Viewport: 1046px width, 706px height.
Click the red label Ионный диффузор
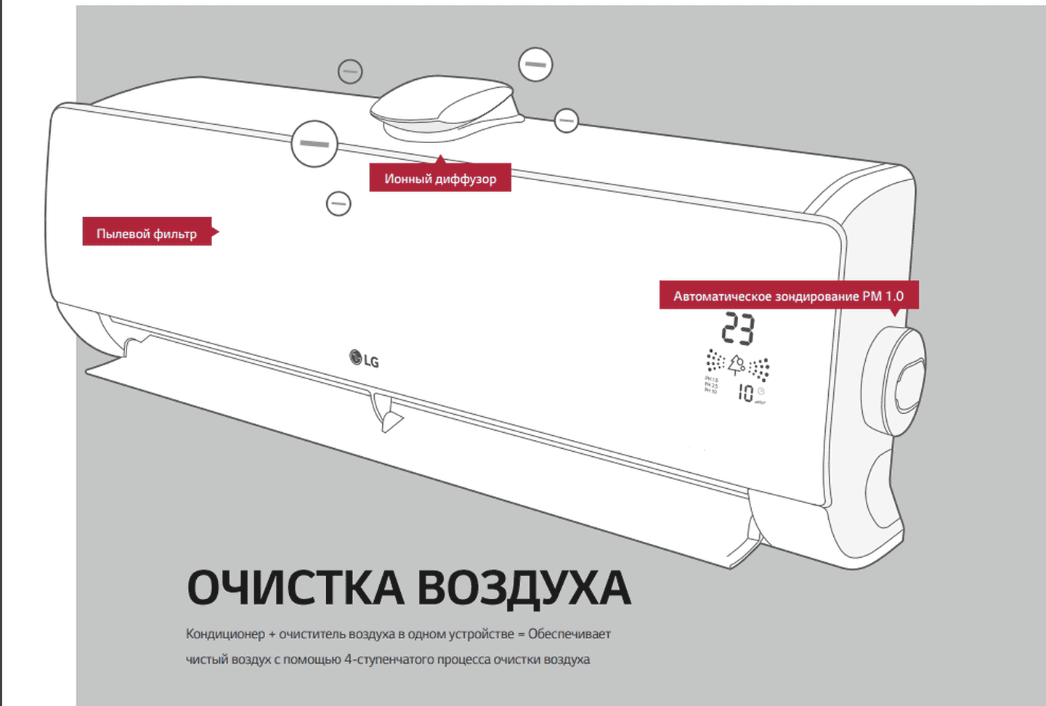coord(440,179)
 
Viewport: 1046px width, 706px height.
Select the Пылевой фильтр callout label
coord(147,233)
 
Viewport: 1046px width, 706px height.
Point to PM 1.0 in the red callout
coord(883,296)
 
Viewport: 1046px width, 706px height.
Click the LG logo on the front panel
coord(364,359)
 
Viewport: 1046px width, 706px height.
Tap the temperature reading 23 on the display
coord(738,329)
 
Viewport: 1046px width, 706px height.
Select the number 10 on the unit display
coord(745,393)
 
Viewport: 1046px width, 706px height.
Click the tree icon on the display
coord(737,363)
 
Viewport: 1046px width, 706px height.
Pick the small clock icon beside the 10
coord(761,391)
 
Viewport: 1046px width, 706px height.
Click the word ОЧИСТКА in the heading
coord(295,588)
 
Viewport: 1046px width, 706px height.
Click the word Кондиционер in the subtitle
coord(225,634)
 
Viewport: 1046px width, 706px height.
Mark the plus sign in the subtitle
coord(272,634)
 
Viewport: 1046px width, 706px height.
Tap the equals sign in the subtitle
coord(521,634)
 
